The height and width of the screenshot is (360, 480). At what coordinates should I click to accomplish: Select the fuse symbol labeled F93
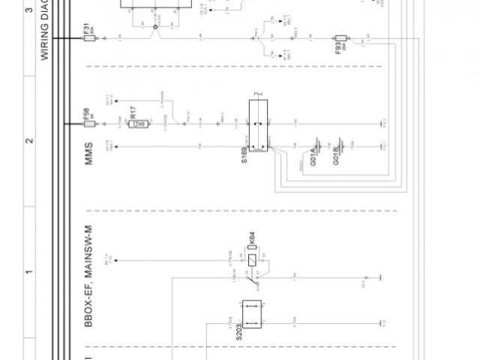(340, 38)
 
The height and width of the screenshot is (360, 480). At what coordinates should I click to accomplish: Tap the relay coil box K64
(253, 259)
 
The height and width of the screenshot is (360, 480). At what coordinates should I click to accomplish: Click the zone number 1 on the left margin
(28, 271)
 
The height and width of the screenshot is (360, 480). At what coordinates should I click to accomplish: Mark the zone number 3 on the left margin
(28, 11)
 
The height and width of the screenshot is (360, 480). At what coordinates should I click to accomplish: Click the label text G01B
(337, 158)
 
